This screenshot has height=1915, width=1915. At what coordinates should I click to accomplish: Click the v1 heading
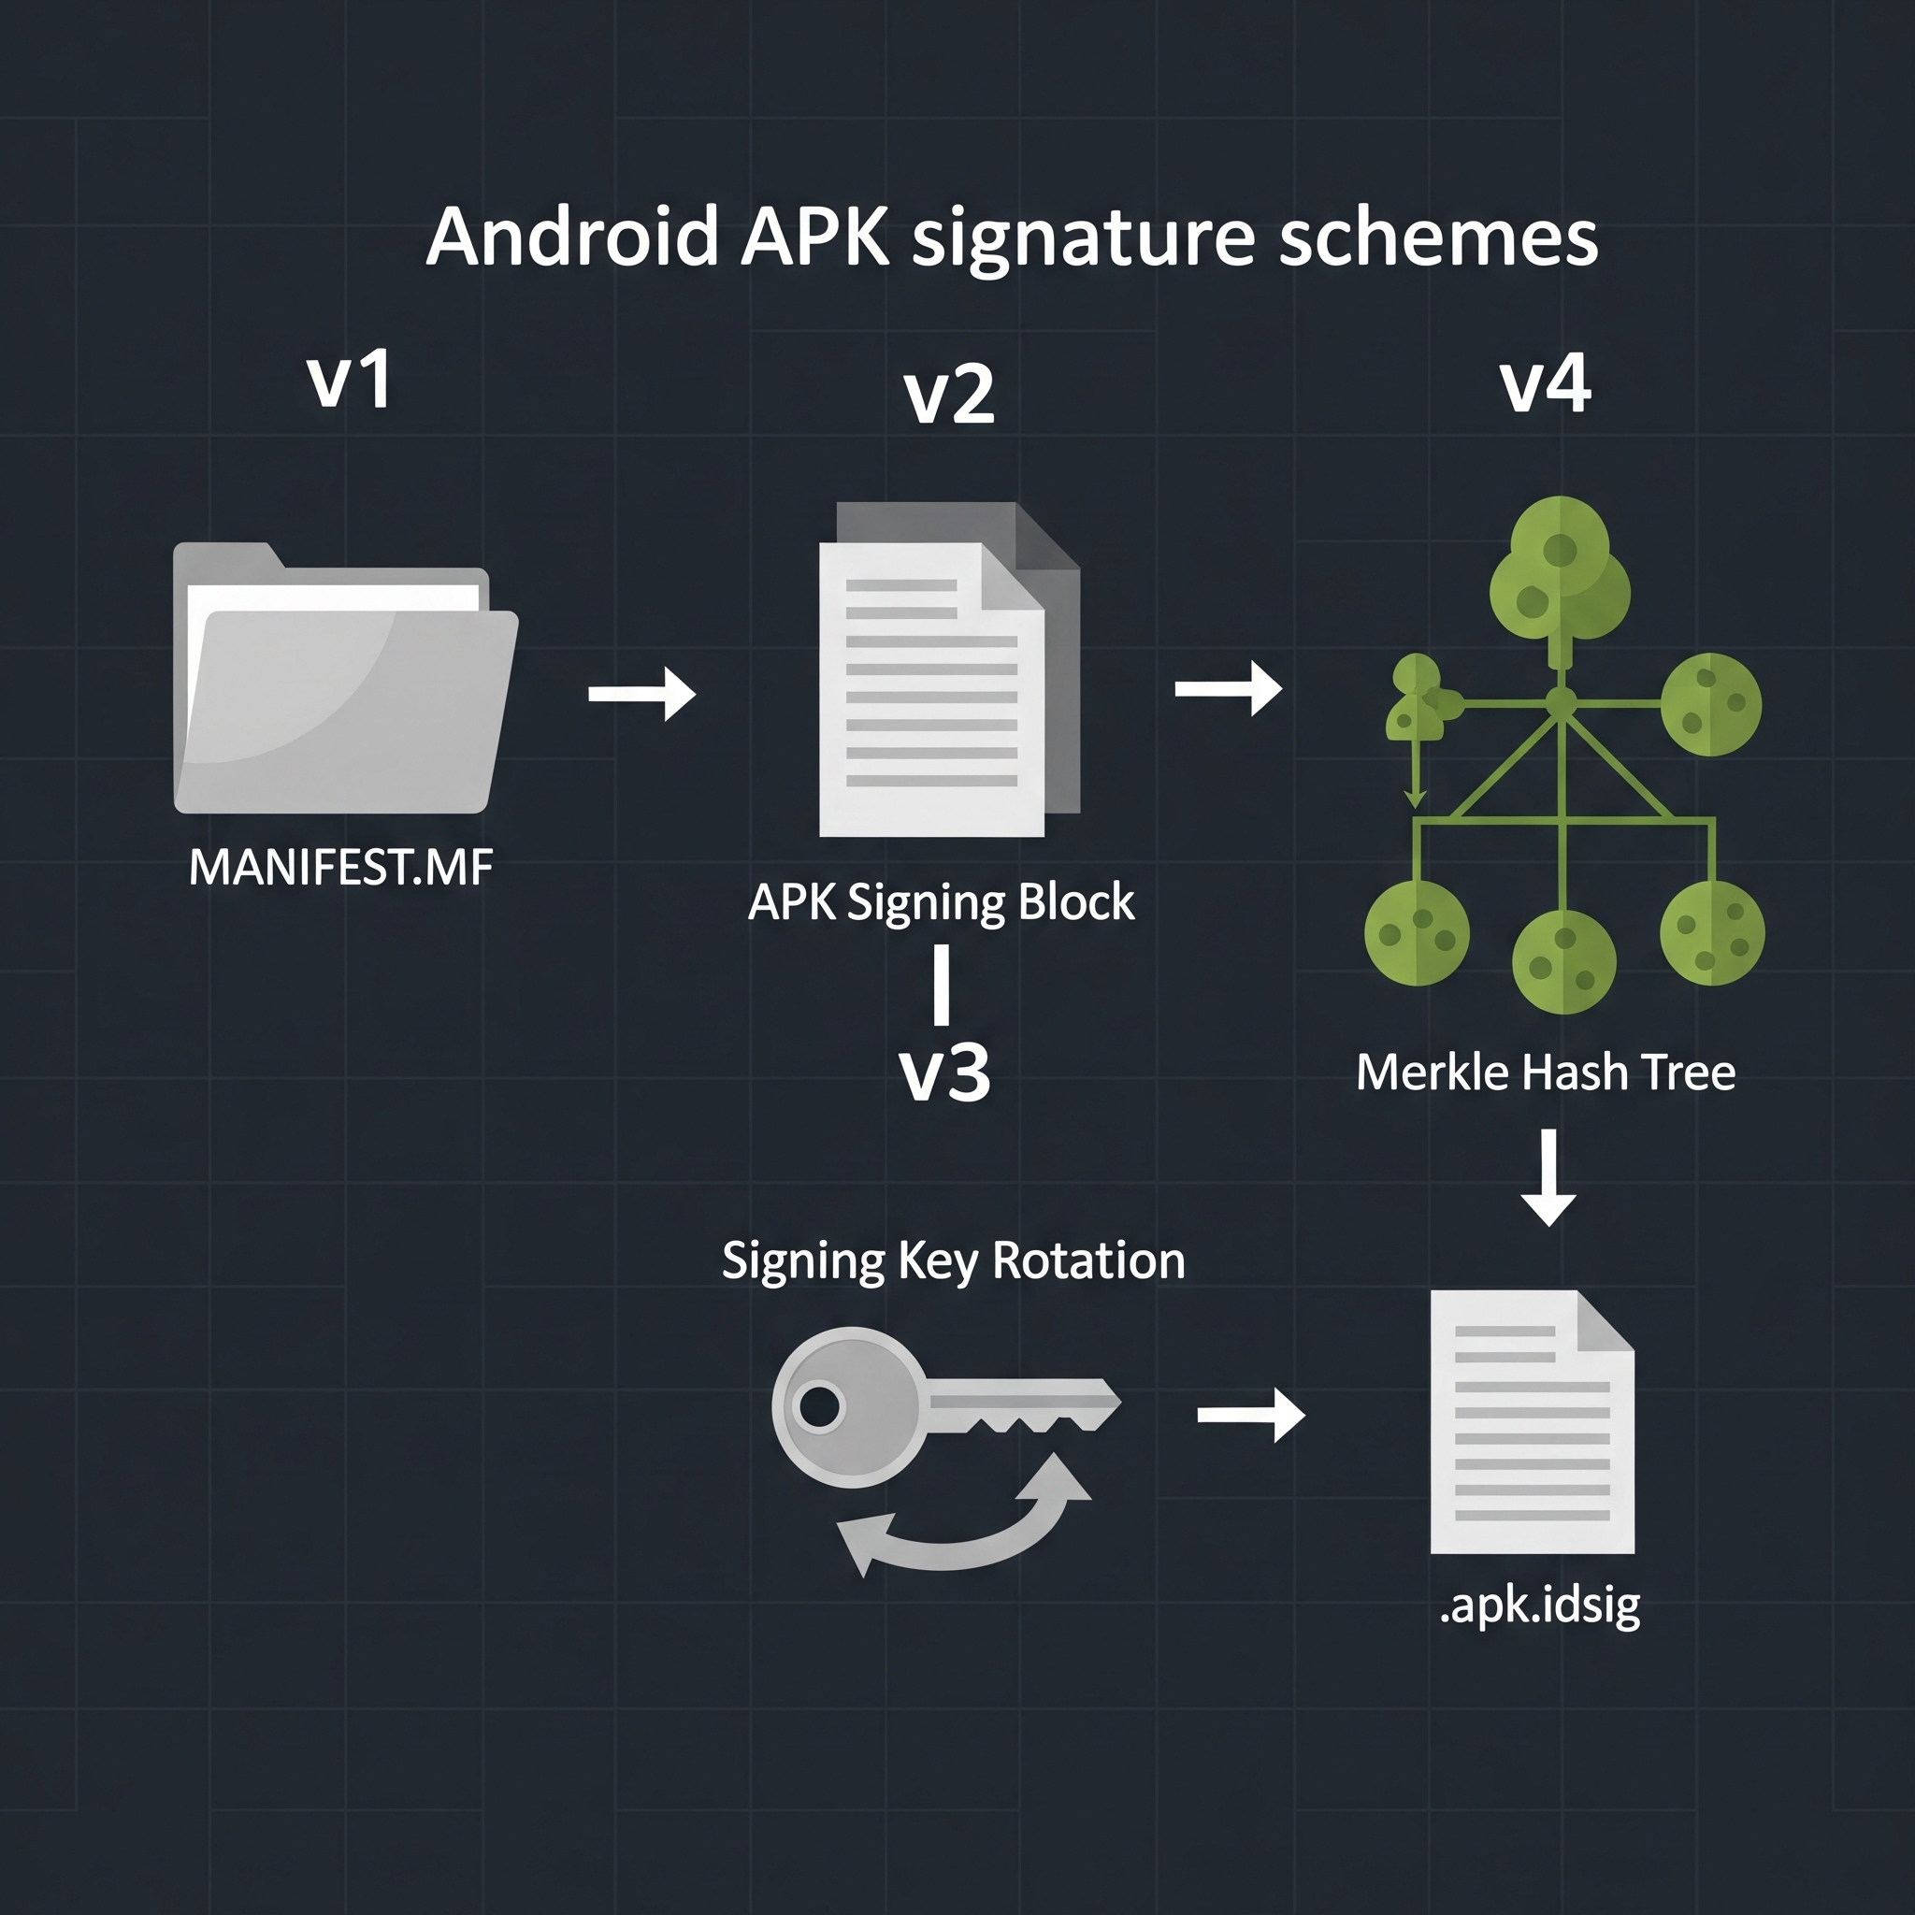pyautogui.click(x=349, y=380)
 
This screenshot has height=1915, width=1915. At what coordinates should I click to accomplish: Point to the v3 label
pyautogui.click(x=943, y=1073)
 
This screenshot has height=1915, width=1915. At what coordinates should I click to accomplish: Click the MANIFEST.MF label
pyautogui.click(x=340, y=869)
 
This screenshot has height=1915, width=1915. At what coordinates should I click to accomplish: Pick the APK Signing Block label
pyautogui.click(x=941, y=902)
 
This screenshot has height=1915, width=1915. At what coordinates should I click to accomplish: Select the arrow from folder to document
pyautogui.click(x=641, y=693)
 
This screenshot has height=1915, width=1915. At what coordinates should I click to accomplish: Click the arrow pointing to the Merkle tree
pyautogui.click(x=1228, y=688)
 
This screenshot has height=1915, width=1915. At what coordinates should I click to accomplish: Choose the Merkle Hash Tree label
pyautogui.click(x=1546, y=1073)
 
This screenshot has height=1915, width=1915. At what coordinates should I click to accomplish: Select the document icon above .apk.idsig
pyautogui.click(x=1532, y=1421)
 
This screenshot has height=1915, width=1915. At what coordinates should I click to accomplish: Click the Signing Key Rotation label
pyautogui.click(x=953, y=1260)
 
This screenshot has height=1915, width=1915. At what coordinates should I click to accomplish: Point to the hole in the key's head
pyautogui.click(x=820, y=1406)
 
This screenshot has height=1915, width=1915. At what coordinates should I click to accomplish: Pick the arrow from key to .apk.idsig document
pyautogui.click(x=1251, y=1415)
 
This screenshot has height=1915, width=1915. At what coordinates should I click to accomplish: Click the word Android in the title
pyautogui.click(x=571, y=238)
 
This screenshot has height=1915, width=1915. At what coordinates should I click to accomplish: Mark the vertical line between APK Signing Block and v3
pyautogui.click(x=942, y=985)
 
